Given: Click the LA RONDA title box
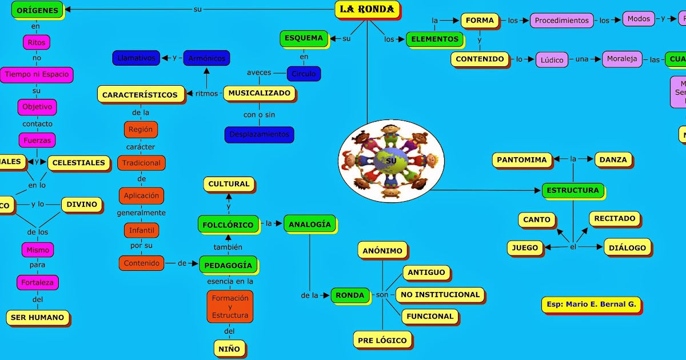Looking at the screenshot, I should click(367, 9).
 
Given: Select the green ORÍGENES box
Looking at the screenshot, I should click(37, 10).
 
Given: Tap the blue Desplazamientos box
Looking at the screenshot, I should click(259, 135).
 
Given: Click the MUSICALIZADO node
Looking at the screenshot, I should click(259, 93).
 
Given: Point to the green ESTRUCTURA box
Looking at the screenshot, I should click(572, 190).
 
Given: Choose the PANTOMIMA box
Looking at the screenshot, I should click(522, 160).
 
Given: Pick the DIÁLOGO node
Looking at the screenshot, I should click(627, 247).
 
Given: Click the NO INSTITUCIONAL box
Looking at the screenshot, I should click(440, 295).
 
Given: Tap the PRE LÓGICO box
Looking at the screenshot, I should click(382, 340).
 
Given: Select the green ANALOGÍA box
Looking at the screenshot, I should click(309, 224).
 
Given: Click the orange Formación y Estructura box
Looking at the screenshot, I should click(230, 306).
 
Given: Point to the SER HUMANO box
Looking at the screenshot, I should click(38, 317).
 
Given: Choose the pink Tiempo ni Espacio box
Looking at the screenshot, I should click(37, 74).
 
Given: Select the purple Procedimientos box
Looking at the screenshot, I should click(561, 20).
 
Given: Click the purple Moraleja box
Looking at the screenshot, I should click(622, 59).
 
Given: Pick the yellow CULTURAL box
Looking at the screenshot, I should click(229, 184).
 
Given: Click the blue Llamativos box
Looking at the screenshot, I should click(135, 58).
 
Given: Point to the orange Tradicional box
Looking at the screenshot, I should click(141, 163).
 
